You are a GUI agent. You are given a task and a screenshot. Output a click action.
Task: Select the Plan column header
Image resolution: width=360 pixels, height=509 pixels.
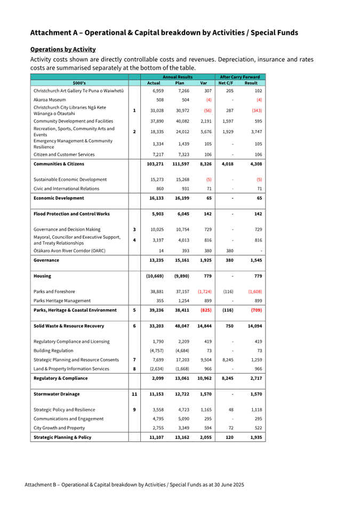tap(179, 83)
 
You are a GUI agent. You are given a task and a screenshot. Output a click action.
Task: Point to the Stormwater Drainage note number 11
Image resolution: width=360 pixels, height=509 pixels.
tap(134, 394)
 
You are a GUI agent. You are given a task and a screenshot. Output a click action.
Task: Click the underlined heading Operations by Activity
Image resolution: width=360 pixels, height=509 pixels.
tap(63, 49)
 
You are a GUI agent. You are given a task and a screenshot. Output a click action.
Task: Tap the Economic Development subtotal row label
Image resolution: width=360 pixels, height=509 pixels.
tap(59, 198)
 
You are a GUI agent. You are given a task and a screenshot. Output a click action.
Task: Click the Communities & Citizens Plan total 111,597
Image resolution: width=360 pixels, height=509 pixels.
tap(179, 164)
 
